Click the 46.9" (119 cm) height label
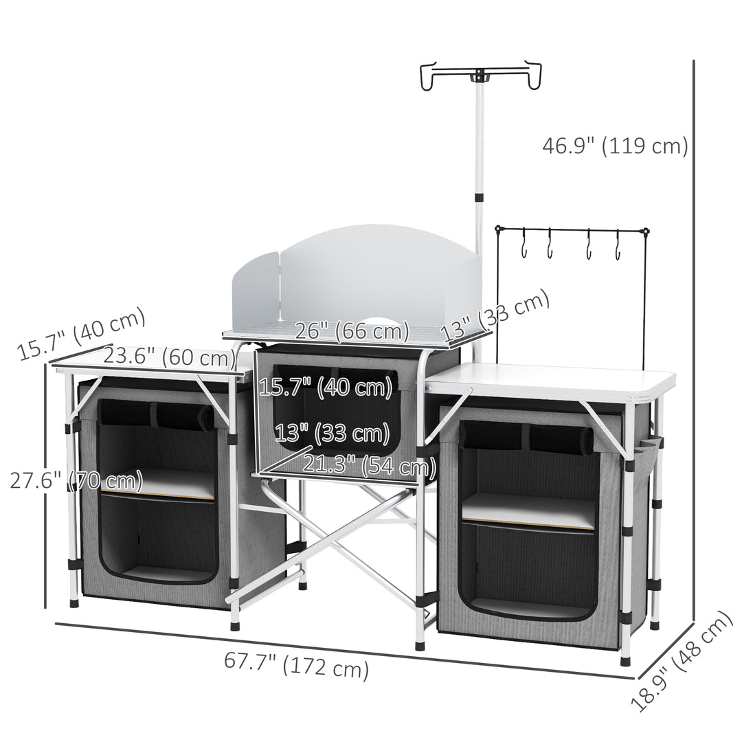615,146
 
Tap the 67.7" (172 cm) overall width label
296,666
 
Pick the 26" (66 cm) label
352,331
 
